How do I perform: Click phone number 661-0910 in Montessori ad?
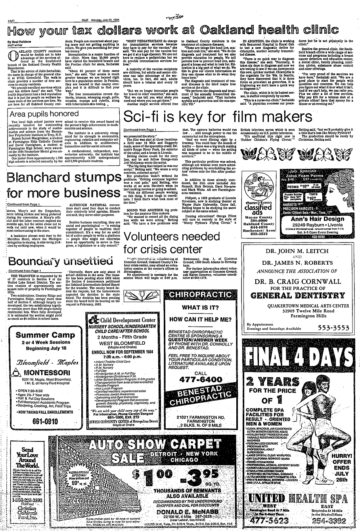43,421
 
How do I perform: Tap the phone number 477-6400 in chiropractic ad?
201,379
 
